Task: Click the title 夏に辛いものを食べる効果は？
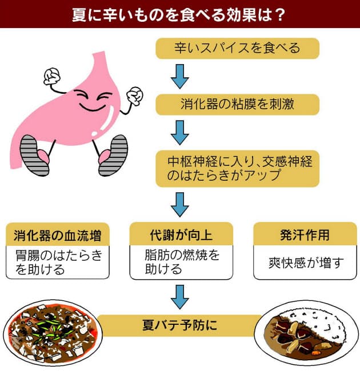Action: (178, 15)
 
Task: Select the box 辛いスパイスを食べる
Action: (237, 48)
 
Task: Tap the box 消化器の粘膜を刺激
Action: (237, 105)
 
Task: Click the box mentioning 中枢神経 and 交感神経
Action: (237, 169)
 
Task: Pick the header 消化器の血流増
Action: (58, 235)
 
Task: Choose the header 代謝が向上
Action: (181, 234)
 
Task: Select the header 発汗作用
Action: (305, 234)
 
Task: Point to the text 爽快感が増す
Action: (306, 262)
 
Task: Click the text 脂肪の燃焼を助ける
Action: (182, 262)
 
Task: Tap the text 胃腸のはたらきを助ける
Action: (59, 262)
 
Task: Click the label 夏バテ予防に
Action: (179, 325)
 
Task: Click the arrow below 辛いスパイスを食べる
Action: (180, 77)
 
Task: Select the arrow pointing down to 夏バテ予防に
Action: (180, 297)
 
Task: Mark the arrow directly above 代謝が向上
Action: (180, 205)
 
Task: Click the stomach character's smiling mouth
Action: (93, 108)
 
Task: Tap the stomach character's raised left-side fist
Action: (52, 76)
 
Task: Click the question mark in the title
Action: (280, 15)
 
